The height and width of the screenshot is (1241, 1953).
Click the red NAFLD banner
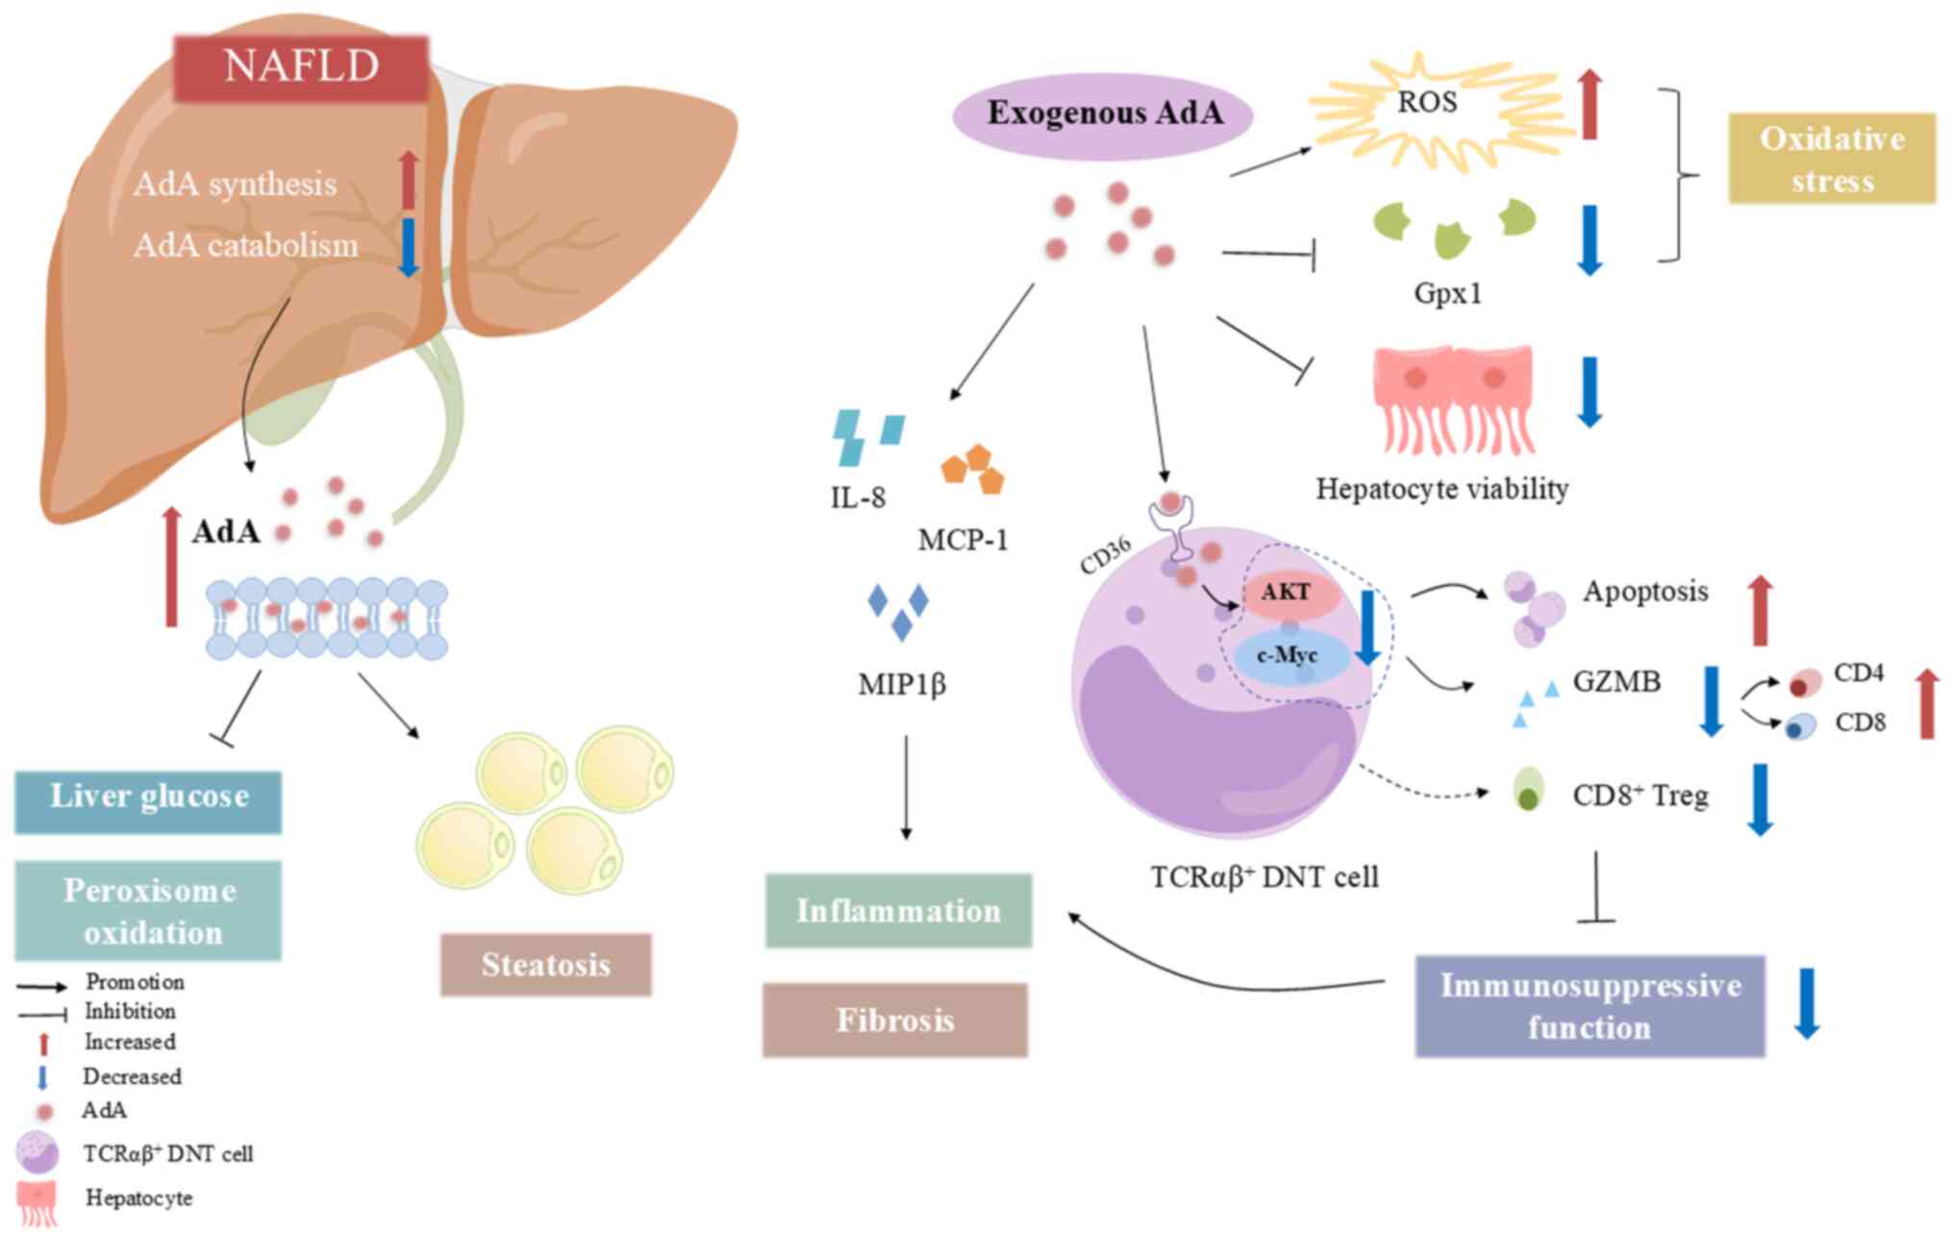[301, 67]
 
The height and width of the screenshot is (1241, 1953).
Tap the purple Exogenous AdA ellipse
[1103, 114]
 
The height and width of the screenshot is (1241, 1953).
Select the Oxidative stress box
[1831, 159]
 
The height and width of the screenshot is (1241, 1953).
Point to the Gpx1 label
[1447, 292]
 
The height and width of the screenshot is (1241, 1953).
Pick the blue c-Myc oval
[1289, 656]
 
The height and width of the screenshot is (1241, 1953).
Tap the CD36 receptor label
[1105, 556]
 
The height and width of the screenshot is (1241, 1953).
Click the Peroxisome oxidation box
[148, 911]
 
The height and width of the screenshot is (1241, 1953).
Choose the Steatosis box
[545, 964]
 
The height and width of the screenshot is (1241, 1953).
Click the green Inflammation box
[898, 911]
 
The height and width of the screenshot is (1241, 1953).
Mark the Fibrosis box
[894, 1020]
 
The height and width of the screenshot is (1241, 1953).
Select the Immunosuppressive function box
[1590, 1006]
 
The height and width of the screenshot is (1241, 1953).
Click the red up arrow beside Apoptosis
[1760, 611]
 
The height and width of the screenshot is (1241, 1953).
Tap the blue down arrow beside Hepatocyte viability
[1590, 391]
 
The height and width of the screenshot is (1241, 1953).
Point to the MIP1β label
[901, 685]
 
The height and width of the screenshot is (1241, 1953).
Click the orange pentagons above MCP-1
[973, 469]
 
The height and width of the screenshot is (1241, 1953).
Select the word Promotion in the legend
[135, 981]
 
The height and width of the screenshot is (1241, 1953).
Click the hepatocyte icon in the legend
[38, 1203]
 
